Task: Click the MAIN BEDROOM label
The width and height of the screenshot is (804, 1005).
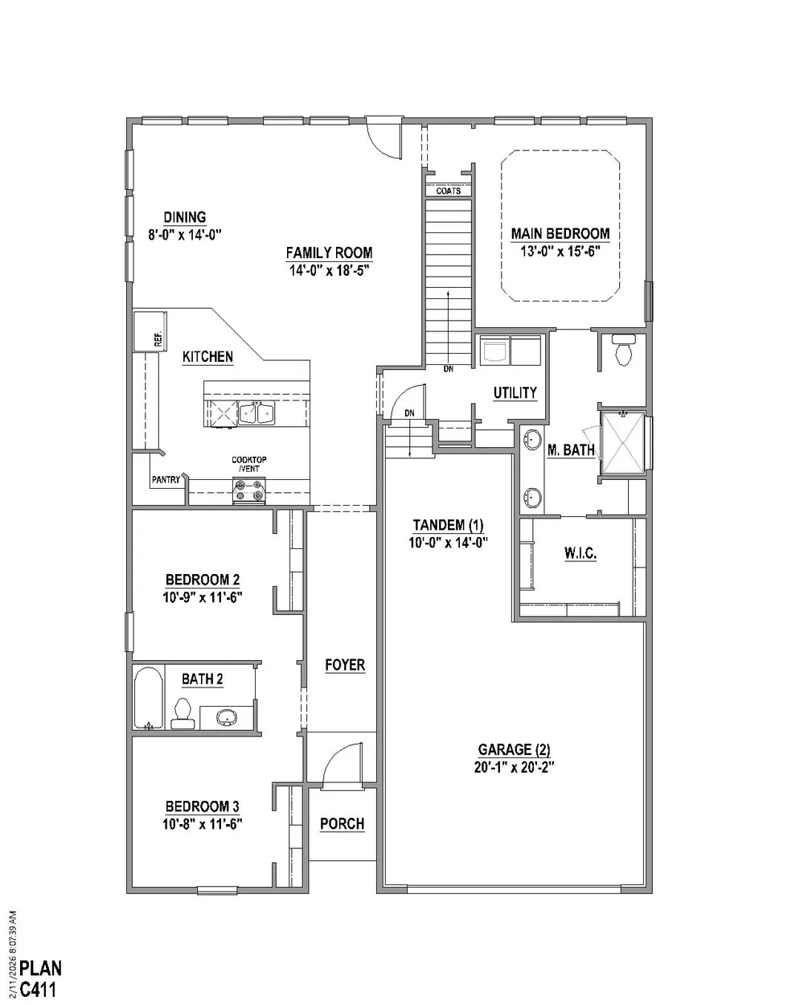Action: point(560,233)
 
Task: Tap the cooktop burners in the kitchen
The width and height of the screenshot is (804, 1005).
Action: point(249,490)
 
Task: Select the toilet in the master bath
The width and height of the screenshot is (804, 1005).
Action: point(624,350)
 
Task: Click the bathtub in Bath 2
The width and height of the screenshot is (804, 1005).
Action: point(149,698)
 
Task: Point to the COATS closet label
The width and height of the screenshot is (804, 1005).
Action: point(449,191)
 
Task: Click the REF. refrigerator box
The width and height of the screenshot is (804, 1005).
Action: point(150,331)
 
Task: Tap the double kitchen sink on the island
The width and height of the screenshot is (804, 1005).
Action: point(256,412)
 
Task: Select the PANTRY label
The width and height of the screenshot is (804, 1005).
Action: point(166,480)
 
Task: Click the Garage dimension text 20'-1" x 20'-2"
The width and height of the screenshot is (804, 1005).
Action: point(514,767)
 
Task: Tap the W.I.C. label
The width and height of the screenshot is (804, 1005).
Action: point(580,554)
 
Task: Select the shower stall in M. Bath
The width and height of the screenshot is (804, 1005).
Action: point(624,443)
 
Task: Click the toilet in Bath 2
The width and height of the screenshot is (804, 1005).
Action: point(183,714)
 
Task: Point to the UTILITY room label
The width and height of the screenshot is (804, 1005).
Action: point(515,392)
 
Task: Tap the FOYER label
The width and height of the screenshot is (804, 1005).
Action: point(345,665)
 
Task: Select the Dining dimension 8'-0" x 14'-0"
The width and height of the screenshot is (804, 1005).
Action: point(185,235)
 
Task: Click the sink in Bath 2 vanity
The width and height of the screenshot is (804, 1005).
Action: point(227,717)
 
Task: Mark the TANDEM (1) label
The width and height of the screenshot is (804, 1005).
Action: point(448,525)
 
